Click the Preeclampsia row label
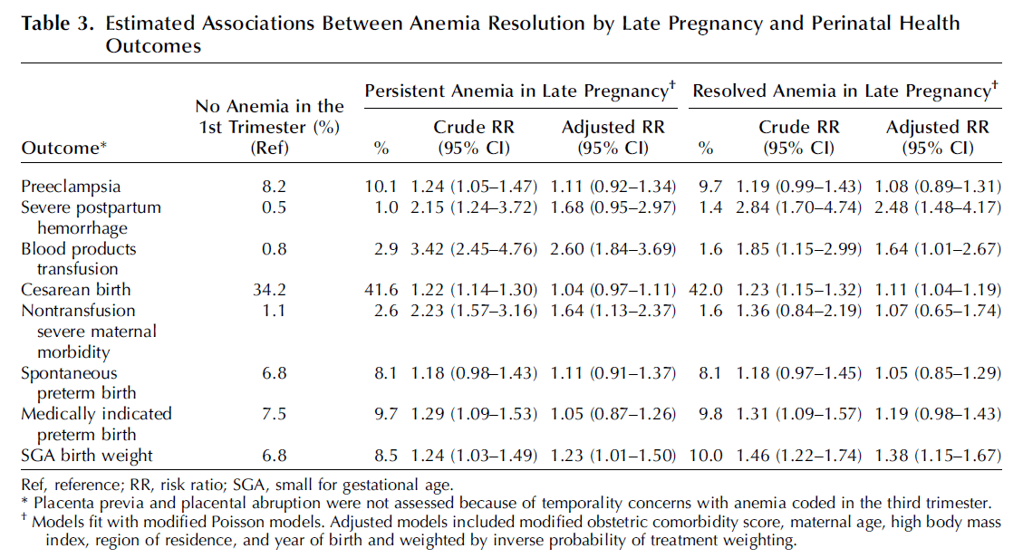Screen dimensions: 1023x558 click(71, 187)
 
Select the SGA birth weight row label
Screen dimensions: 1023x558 click(87, 456)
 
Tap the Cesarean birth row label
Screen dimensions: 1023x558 click(76, 290)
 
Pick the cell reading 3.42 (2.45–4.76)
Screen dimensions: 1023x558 click(474, 249)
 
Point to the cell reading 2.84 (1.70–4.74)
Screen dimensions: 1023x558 click(798, 207)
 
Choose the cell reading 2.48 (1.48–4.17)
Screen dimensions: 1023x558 click(938, 207)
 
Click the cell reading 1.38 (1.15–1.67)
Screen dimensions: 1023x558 click(938, 456)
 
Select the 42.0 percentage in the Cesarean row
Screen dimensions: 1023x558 click(705, 290)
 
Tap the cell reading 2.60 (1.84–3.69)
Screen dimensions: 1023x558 click(613, 249)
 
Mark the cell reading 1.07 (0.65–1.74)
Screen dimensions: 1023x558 click(938, 311)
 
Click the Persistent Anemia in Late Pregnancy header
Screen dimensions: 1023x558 click(520, 91)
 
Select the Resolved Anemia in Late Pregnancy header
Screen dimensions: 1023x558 click(845, 91)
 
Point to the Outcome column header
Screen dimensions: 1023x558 click(64, 148)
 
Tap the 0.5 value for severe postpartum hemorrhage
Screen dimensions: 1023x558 click(274, 207)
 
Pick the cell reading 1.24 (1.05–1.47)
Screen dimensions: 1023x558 click(474, 187)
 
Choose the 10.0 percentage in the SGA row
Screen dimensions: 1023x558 click(705, 456)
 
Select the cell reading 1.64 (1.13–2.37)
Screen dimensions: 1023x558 click(613, 311)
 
